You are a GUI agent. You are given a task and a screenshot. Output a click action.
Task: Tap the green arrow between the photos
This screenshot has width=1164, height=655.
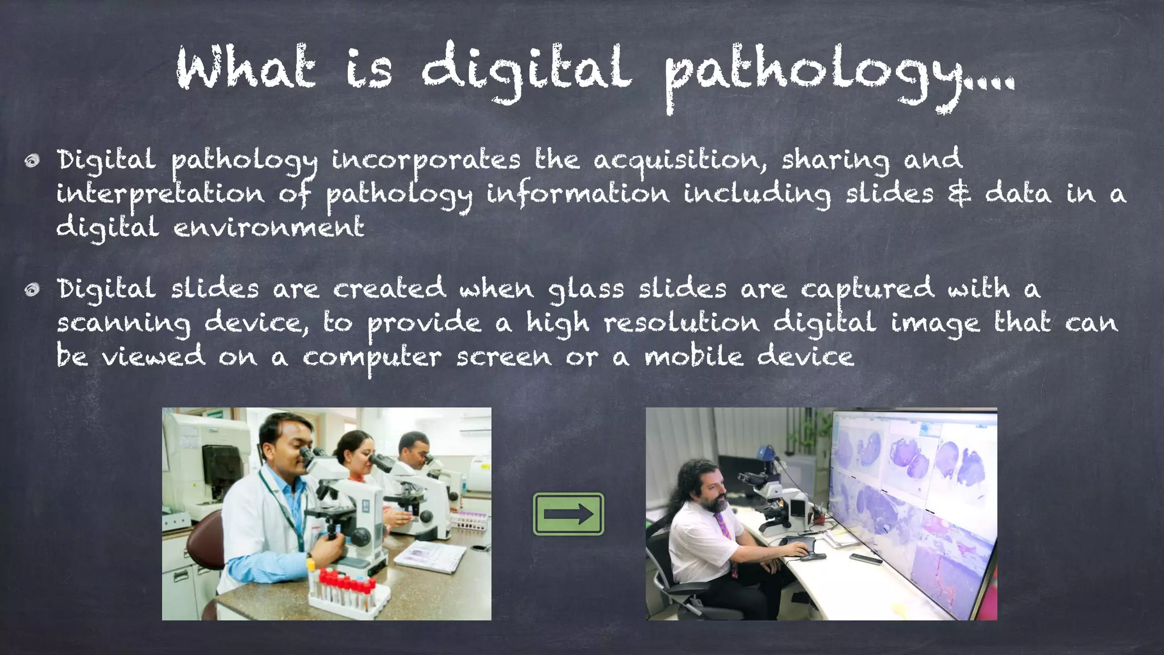pyautogui.click(x=568, y=514)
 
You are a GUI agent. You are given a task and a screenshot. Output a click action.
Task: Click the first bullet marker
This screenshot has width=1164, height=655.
pyautogui.click(x=32, y=161)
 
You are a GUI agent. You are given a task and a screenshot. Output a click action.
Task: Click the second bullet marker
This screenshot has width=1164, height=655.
pyautogui.click(x=32, y=290)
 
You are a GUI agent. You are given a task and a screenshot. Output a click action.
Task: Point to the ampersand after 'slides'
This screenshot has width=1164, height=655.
pyautogui.click(x=959, y=193)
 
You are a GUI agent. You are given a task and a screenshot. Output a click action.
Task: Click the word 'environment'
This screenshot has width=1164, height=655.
pyautogui.click(x=268, y=227)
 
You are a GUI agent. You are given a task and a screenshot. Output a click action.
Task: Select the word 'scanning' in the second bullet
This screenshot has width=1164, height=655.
pyautogui.click(x=123, y=324)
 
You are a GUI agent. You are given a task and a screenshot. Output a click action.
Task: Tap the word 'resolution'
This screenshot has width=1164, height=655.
pyautogui.click(x=681, y=322)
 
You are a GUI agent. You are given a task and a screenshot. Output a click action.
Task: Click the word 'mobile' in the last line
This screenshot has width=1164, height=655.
pyautogui.click(x=693, y=357)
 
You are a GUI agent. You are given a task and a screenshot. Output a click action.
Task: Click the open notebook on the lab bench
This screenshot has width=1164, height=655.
pyautogui.click(x=430, y=555)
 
